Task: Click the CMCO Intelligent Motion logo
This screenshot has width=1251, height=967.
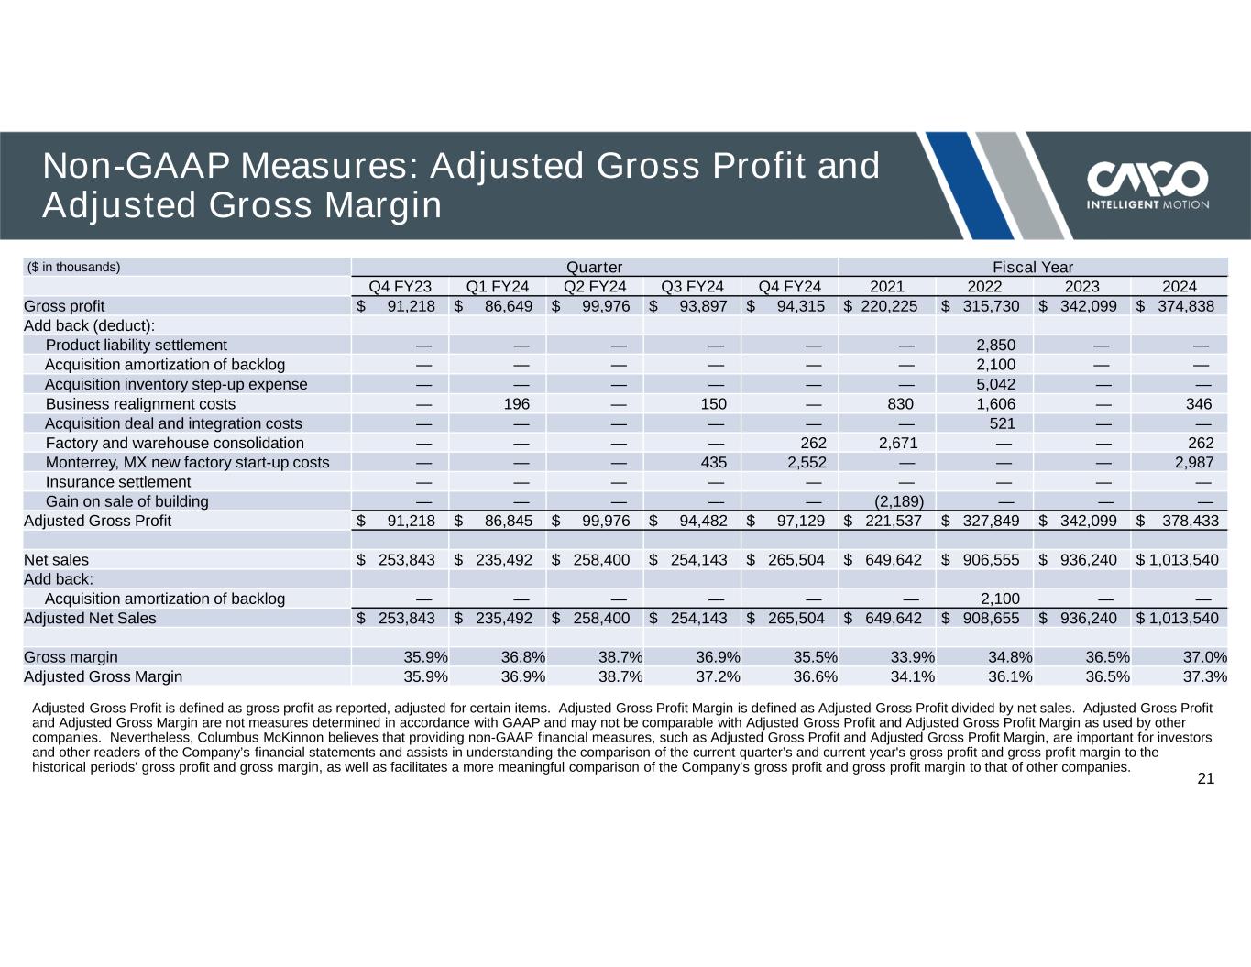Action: coord(1147,185)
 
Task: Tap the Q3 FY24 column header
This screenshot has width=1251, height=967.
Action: coord(692,286)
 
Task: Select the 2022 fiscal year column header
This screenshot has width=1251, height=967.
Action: coord(984,286)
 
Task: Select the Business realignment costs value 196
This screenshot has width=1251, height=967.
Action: coord(517,404)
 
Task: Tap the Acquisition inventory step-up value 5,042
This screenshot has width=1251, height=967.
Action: coord(995,384)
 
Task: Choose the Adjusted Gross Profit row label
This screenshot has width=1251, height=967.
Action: coord(97,521)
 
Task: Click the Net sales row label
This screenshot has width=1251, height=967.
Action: coord(57,559)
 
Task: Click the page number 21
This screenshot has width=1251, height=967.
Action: coord(1205,779)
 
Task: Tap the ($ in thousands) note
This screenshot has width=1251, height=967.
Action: coord(74,267)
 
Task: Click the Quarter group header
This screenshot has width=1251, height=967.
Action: coord(594,267)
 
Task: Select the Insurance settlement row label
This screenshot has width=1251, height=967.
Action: coord(118,482)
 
